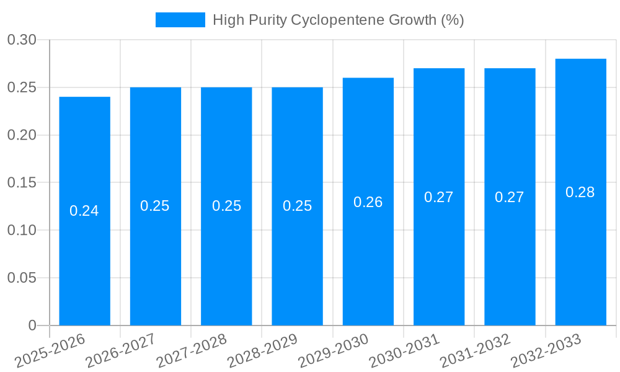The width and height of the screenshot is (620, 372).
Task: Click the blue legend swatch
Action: point(180,20)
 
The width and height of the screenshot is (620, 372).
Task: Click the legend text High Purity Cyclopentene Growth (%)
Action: point(338,20)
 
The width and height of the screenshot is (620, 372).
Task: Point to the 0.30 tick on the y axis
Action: point(22,40)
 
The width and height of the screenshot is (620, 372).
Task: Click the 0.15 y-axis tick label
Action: point(22,183)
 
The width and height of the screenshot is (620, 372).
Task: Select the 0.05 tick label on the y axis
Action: point(22,278)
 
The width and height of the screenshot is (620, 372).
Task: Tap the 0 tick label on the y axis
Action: point(32,325)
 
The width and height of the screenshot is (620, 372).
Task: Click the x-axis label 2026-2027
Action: point(119,352)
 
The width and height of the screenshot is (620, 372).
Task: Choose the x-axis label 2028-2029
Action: point(261,352)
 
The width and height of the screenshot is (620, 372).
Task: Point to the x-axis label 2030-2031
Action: point(403,352)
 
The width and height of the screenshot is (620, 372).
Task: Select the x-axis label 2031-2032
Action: point(474,352)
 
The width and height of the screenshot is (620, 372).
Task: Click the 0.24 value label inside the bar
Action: point(84,211)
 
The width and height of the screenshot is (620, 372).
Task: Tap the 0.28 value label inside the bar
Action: point(580,192)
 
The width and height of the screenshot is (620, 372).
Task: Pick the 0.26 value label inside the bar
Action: point(368,202)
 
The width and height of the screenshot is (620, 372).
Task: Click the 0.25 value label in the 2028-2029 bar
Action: point(297,206)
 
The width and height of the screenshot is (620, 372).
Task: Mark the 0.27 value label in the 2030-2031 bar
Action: point(439,197)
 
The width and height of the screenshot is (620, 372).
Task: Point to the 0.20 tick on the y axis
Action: point(22,135)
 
